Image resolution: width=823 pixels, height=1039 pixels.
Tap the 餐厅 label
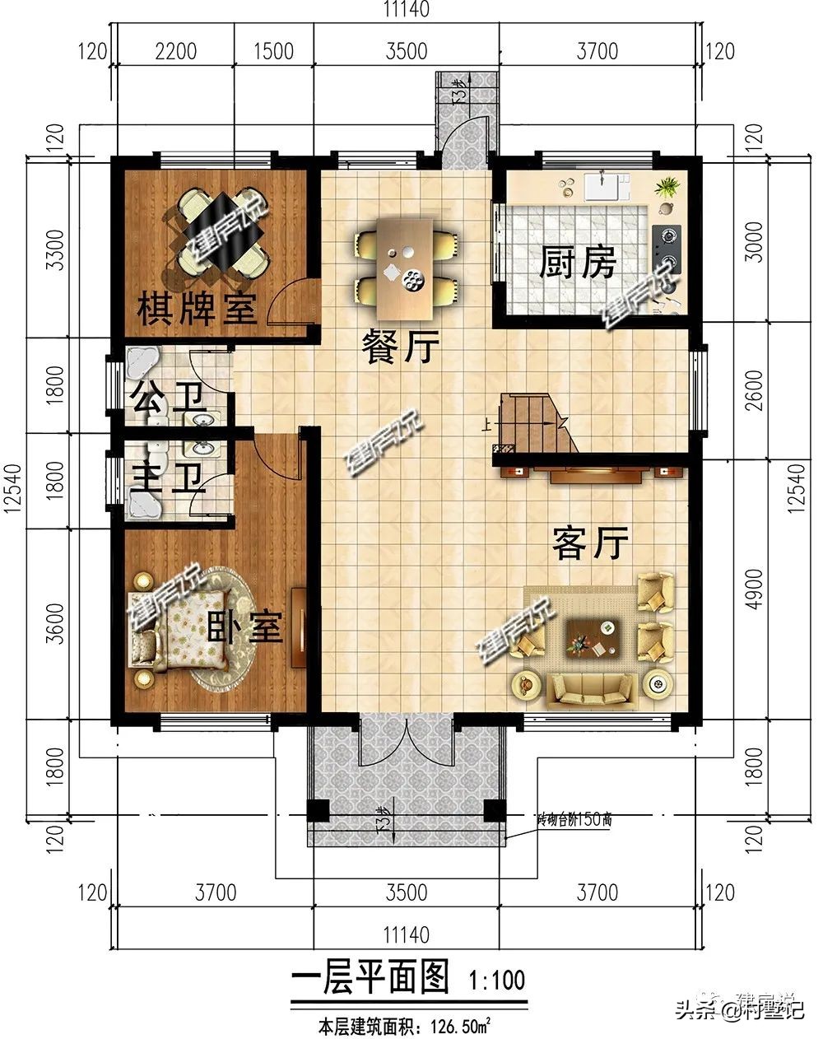pos(401,349)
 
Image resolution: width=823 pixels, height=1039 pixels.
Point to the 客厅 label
pos(591,543)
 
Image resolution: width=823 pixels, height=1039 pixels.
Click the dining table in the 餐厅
pos(405,267)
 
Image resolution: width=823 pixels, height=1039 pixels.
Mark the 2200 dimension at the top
pos(176,51)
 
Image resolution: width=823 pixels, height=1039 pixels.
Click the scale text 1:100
pos(496,981)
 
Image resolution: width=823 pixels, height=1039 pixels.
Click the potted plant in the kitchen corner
pos(667,188)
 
